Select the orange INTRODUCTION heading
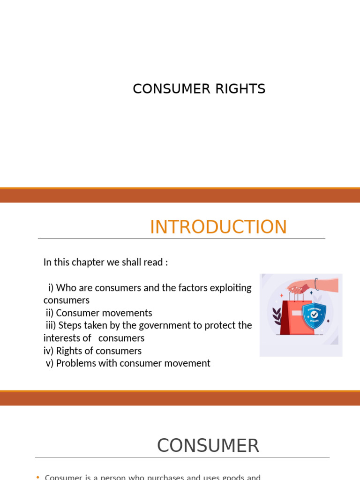(x=218, y=227)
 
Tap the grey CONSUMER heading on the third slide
(x=208, y=445)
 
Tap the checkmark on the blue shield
(x=314, y=315)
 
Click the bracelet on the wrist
(x=317, y=284)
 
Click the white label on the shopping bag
(x=296, y=313)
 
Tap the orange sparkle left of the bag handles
(x=281, y=296)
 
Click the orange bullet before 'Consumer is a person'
(x=38, y=477)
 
